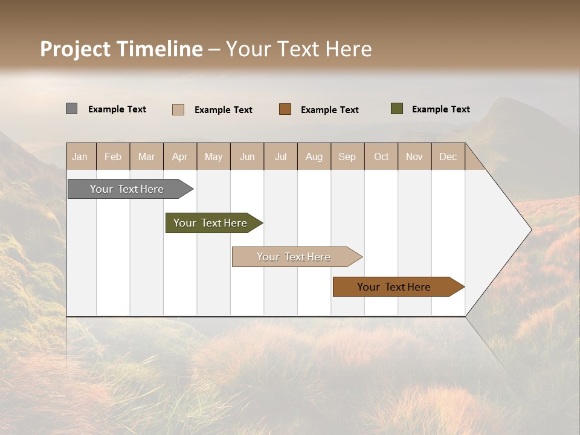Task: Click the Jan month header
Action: (x=80, y=156)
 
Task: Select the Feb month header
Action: (x=113, y=156)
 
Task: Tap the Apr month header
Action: (x=179, y=156)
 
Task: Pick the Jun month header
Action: (x=247, y=156)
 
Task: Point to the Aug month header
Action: (x=314, y=156)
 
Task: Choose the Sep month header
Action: (x=347, y=156)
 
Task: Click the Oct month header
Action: (x=381, y=156)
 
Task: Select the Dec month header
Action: (x=448, y=156)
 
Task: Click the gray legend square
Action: (x=71, y=109)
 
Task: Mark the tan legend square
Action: (x=178, y=109)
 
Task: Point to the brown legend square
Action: (x=285, y=109)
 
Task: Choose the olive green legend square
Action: (x=397, y=109)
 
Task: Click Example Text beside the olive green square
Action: (x=440, y=109)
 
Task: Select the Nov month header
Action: (x=414, y=156)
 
